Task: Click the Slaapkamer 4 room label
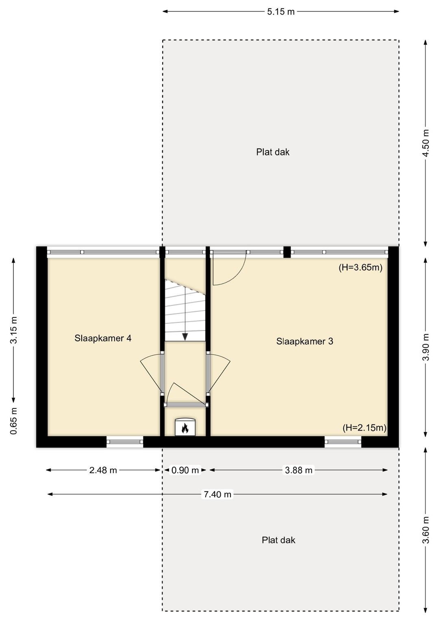[x=103, y=338]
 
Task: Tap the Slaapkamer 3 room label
[x=304, y=341]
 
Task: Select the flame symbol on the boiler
[x=185, y=429]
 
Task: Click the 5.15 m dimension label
[x=280, y=12]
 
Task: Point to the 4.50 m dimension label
[x=426, y=143]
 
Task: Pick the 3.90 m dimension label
[x=426, y=347]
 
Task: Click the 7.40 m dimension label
[x=217, y=494]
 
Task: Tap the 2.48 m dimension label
[x=103, y=470]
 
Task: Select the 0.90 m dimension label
[x=185, y=470]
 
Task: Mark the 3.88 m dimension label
[x=299, y=470]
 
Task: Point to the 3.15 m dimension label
[x=13, y=330]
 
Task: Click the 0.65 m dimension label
[x=13, y=421]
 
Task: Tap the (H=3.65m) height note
[x=361, y=267]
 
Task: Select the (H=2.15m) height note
[x=365, y=428]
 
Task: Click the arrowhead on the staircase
[x=185, y=337]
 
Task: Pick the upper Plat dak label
[x=272, y=152]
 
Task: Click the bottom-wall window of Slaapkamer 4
[x=125, y=442]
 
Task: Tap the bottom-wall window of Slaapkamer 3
[x=343, y=442]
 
